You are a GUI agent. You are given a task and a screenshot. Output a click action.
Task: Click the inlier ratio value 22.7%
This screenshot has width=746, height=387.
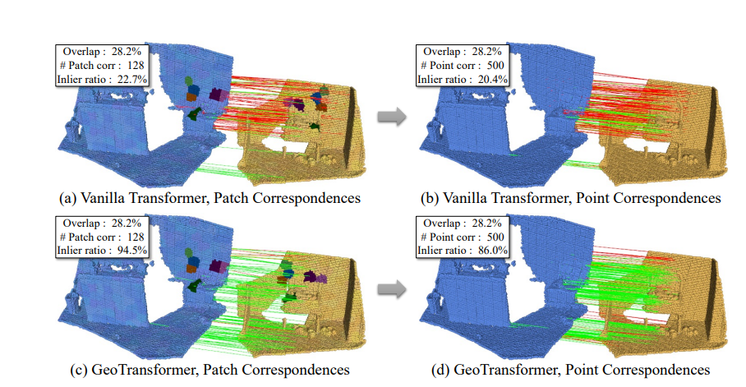[131, 79]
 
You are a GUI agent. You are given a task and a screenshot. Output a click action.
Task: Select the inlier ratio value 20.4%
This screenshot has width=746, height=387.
[491, 79]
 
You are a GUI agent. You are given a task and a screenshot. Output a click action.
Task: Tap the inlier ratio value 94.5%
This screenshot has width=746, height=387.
[131, 251]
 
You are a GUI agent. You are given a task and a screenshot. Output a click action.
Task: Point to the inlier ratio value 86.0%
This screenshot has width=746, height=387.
[491, 251]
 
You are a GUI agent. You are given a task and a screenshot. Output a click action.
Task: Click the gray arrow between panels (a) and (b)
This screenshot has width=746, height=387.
[392, 117]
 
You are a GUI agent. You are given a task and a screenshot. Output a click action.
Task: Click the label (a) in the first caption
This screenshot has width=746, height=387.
[69, 198]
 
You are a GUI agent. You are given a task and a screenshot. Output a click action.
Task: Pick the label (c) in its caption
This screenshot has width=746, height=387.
[68, 370]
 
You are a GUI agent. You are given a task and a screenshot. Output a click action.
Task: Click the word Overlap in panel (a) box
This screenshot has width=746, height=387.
[79, 51]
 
